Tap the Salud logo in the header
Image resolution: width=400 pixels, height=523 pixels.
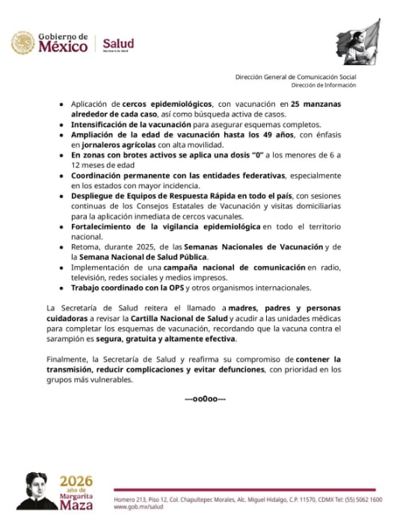coord(119,43)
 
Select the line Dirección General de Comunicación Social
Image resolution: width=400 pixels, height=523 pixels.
coord(295,77)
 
